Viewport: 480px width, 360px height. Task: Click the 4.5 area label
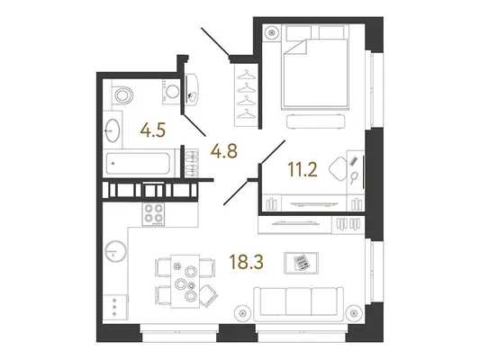click(x=153, y=130)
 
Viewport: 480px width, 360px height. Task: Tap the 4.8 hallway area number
click(x=224, y=151)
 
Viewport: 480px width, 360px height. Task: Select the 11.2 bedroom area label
click(x=303, y=170)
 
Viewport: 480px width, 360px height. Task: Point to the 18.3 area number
click(x=246, y=262)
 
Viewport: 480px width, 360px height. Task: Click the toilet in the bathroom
click(x=122, y=94)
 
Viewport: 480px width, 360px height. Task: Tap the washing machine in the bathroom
click(x=171, y=91)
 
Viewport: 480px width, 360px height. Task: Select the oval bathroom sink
click(x=112, y=130)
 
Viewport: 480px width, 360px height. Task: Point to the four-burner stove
click(x=153, y=214)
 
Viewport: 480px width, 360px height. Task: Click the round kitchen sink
click(x=115, y=251)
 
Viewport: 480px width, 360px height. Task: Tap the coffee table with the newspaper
click(x=301, y=263)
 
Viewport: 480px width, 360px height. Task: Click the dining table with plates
click(x=186, y=281)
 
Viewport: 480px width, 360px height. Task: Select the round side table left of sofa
click(x=243, y=313)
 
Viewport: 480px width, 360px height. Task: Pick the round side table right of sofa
click(x=354, y=313)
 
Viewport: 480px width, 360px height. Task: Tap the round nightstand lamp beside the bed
click(x=272, y=32)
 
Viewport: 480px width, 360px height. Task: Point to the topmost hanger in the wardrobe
click(x=247, y=75)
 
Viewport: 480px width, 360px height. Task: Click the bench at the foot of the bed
click(x=316, y=121)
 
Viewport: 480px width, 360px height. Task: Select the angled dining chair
click(x=209, y=295)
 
